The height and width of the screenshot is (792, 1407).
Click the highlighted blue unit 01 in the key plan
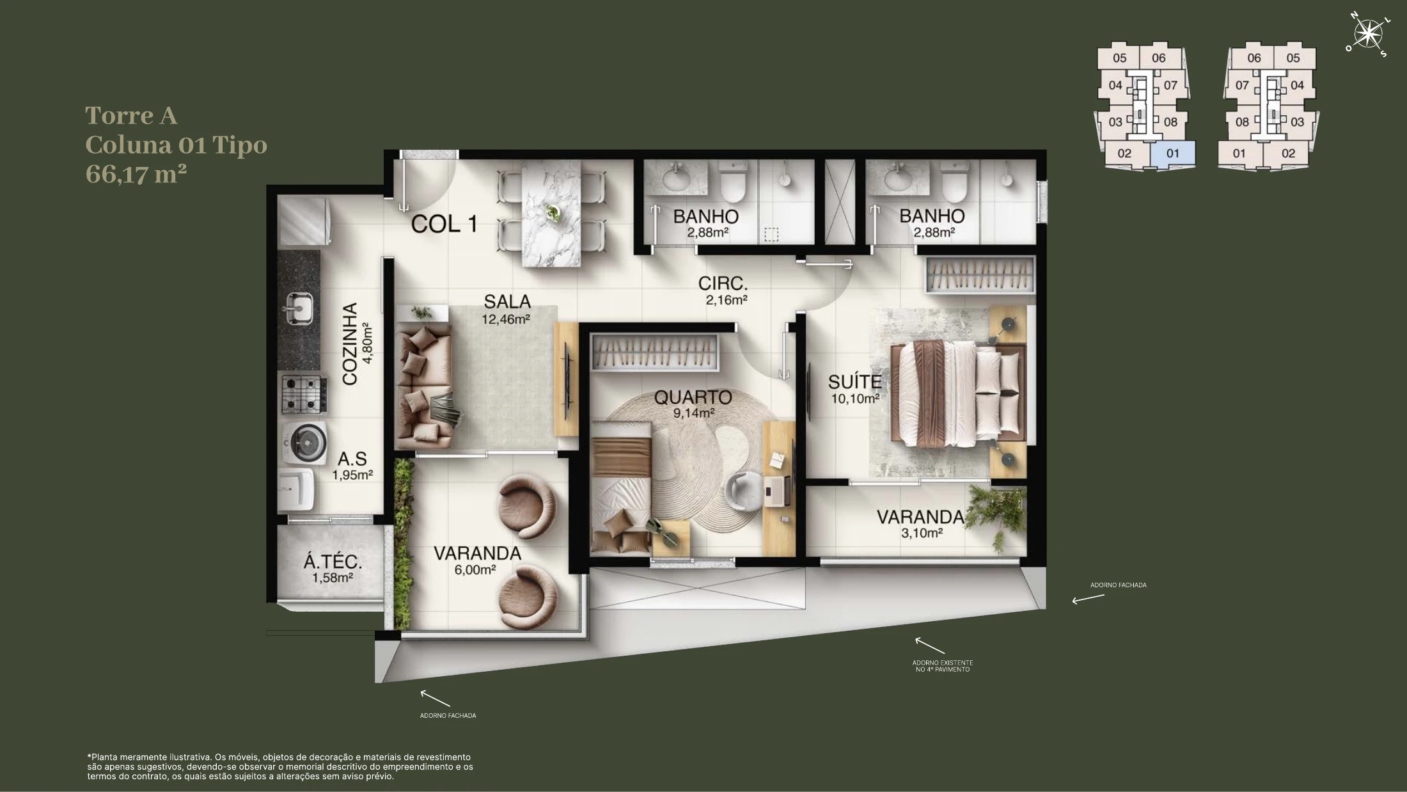coord(1172,154)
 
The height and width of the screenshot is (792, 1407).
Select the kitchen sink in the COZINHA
coord(299,309)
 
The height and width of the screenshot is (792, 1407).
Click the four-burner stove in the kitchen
coord(304,394)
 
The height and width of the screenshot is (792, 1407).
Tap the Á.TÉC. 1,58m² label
coord(333,569)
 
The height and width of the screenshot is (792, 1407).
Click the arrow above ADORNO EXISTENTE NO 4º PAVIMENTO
coord(929,645)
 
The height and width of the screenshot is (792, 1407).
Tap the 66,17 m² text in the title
coord(136,174)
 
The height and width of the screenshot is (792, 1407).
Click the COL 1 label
coord(444,224)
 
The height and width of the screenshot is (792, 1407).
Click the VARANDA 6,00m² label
coord(477,560)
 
